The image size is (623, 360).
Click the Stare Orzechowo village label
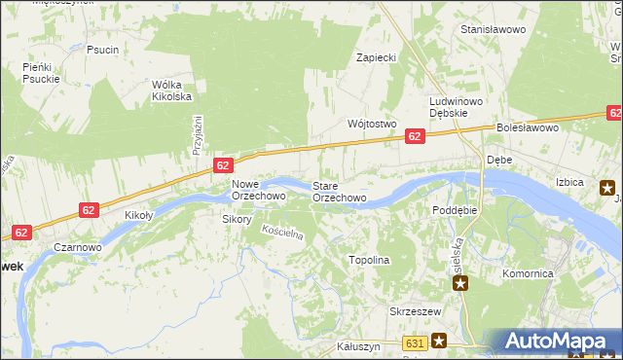click(339, 192)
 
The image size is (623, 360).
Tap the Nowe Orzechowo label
click(258, 190)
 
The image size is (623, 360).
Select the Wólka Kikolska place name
click(171, 90)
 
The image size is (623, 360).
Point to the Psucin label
click(102, 50)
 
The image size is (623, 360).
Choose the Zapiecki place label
click(376, 57)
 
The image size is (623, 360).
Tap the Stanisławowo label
click(493, 30)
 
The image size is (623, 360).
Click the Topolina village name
click(369, 261)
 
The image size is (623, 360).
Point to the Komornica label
click(528, 274)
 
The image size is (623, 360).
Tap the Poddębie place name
click(455, 210)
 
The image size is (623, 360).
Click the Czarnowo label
click(78, 248)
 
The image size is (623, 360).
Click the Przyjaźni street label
click(197, 134)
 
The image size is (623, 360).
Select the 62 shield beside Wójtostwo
click(416, 137)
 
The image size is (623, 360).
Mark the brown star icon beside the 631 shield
click(439, 341)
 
